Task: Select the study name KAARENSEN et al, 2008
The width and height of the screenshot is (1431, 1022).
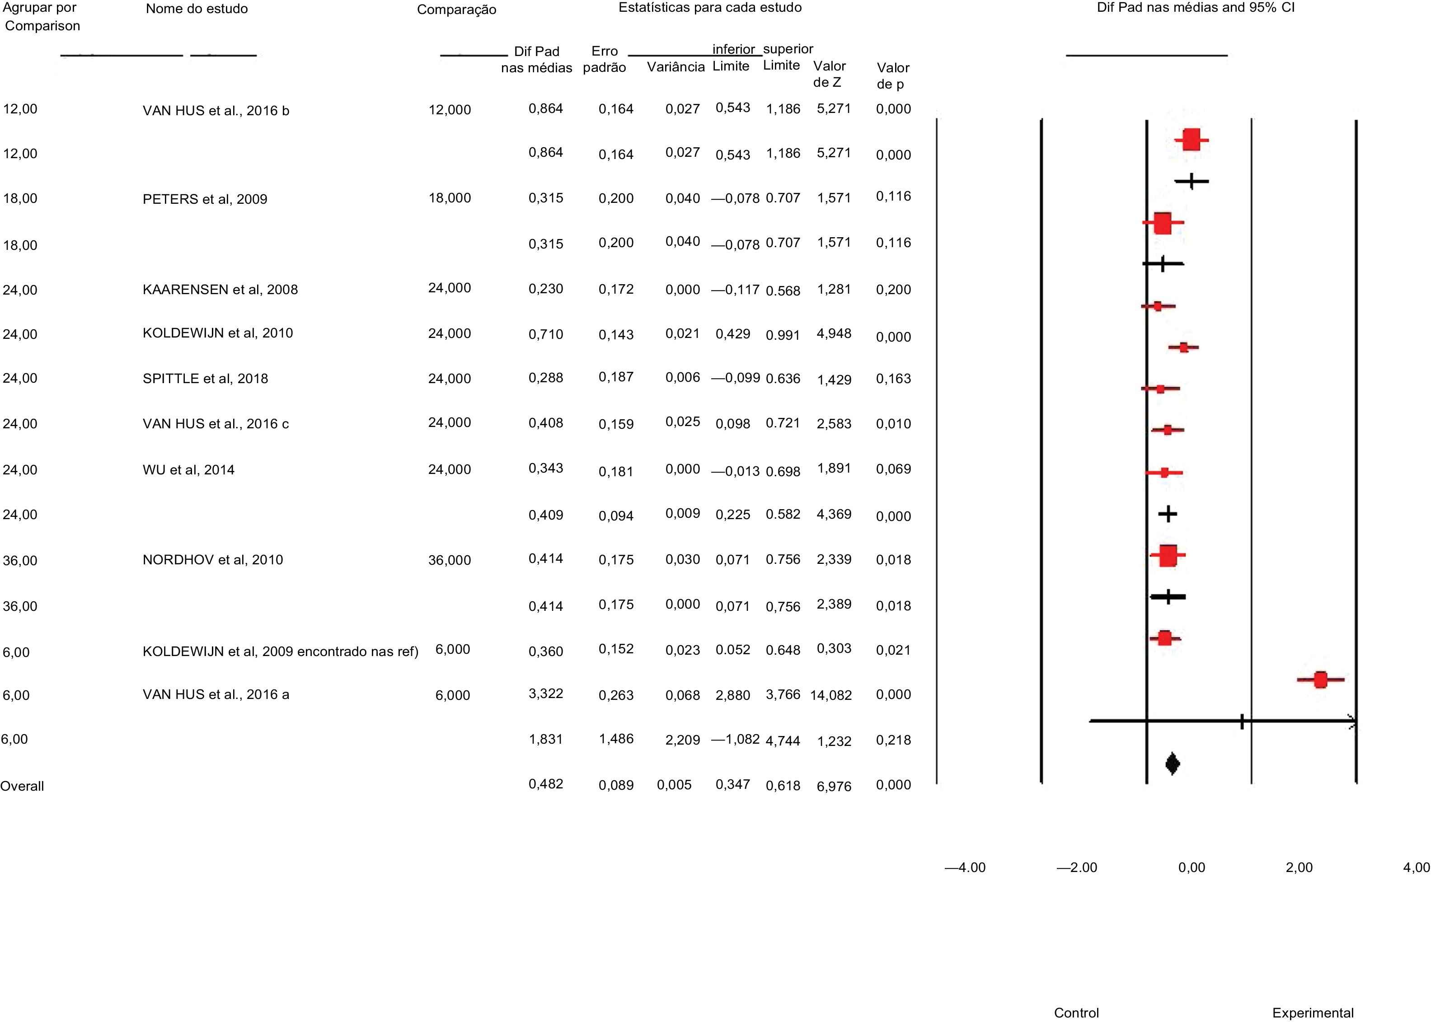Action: [x=220, y=290]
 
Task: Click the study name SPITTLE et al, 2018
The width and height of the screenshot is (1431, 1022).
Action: [x=205, y=379]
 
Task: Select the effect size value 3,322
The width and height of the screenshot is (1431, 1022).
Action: [x=545, y=694]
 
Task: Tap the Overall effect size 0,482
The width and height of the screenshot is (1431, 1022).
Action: [x=545, y=784]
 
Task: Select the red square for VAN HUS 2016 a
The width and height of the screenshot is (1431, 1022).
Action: [x=1320, y=680]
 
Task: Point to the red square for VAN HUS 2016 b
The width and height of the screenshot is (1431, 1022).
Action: [x=1191, y=140]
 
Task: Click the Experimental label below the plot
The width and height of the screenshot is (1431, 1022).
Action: [x=1313, y=1013]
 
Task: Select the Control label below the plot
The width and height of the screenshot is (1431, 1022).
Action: [x=1076, y=1013]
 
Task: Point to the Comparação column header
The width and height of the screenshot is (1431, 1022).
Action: [x=456, y=10]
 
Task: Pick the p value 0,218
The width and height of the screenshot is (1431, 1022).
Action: [x=893, y=740]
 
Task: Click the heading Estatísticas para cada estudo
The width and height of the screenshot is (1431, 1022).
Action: [x=710, y=8]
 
